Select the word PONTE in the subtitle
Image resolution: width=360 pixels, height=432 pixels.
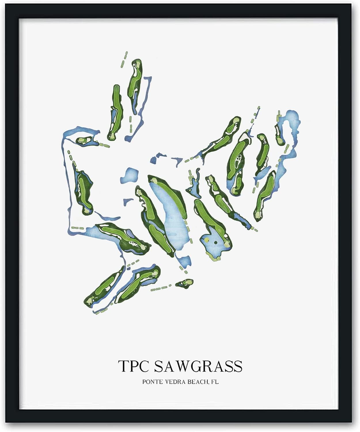click(x=152, y=382)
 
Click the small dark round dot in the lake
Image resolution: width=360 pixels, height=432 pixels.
click(x=215, y=243)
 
